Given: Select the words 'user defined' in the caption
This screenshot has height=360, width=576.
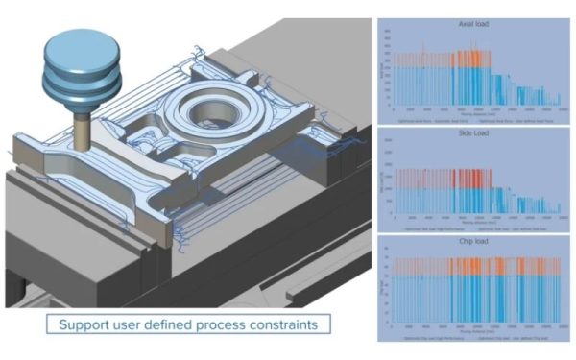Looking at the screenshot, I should pos(156,324).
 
